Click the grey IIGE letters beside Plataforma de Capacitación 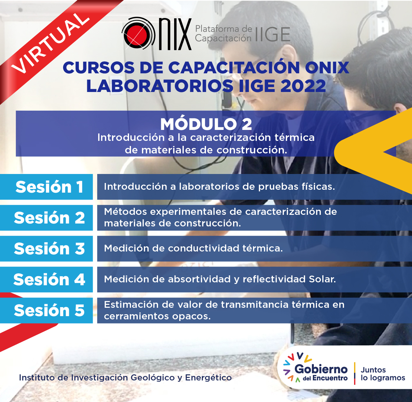click(x=273, y=34)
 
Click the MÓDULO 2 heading click(x=206, y=124)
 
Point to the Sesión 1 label click(x=49, y=187)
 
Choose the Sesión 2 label click(x=49, y=218)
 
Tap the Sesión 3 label click(x=49, y=249)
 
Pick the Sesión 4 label click(x=49, y=279)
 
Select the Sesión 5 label click(x=49, y=310)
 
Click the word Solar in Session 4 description click(x=322, y=279)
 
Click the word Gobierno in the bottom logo click(x=321, y=370)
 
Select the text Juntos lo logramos click(x=383, y=374)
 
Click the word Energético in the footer click(x=208, y=378)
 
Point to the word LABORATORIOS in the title click(x=160, y=86)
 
